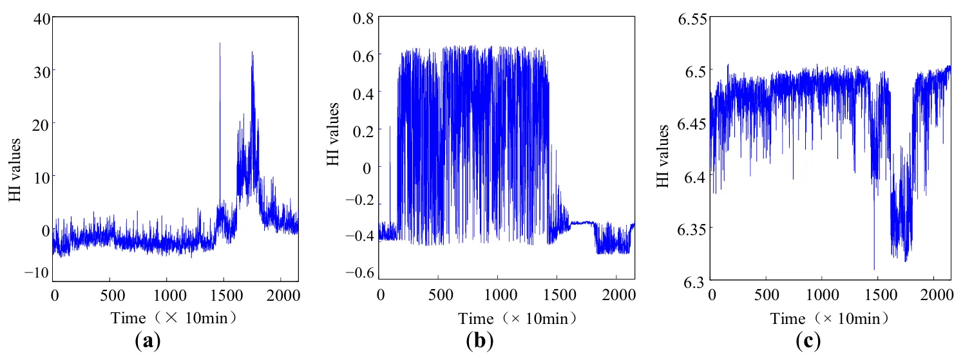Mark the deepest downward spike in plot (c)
874,269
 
